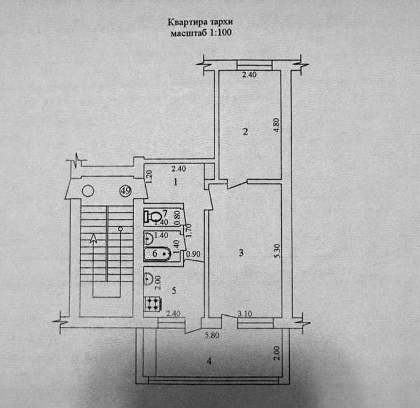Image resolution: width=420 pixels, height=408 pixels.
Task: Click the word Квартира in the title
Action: [x=183, y=23]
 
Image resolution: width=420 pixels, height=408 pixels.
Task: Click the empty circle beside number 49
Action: [x=88, y=190]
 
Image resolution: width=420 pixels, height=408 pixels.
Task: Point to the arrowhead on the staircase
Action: [x=93, y=236]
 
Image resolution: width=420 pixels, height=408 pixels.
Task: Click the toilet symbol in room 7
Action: [x=153, y=217]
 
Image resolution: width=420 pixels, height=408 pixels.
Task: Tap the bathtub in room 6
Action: [x=157, y=254]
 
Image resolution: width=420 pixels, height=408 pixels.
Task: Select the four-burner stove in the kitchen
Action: [x=153, y=304]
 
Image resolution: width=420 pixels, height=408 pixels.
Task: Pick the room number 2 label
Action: [x=246, y=132]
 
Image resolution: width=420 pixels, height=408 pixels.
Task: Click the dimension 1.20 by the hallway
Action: [x=149, y=175]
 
